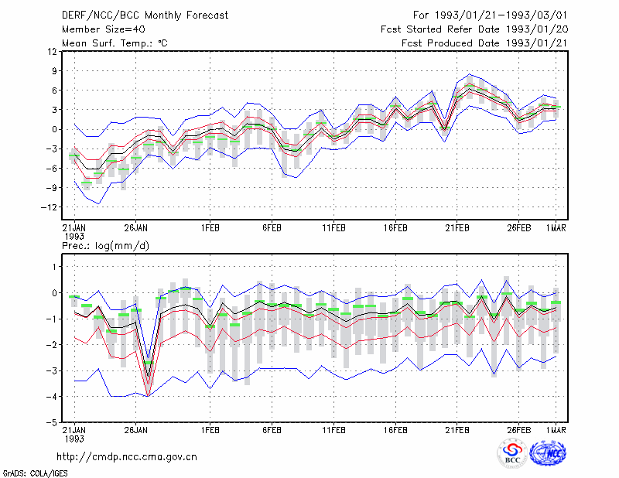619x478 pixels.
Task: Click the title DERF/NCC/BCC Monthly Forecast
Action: click(145, 15)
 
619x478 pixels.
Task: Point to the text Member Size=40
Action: click(104, 29)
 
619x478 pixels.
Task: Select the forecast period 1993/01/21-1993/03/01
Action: click(490, 15)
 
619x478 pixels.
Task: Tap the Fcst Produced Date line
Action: click(484, 43)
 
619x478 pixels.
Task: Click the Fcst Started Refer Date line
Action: click(474, 29)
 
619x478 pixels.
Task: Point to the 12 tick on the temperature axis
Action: click(52, 52)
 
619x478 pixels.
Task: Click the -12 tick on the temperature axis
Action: click(49, 207)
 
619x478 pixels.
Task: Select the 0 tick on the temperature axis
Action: click(54, 129)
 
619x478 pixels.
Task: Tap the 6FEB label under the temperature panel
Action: click(272, 228)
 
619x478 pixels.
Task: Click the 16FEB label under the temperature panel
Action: click(395, 228)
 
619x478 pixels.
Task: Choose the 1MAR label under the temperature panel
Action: click(556, 228)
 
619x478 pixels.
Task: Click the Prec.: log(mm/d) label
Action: click(105, 246)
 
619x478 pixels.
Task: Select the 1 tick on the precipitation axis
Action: click(54, 267)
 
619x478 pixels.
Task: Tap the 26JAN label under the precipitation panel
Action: click(136, 430)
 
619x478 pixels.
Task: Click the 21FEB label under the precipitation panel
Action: click(457, 430)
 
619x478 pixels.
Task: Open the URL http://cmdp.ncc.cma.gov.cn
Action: click(127, 457)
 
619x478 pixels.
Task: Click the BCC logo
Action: click(512, 453)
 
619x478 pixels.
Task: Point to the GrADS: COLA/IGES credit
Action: click(35, 473)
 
